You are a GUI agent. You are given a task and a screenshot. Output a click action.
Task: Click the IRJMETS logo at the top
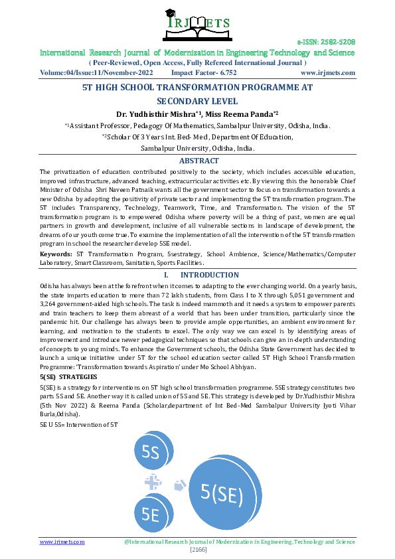click(x=197, y=23)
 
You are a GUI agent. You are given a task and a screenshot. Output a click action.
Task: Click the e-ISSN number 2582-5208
click(x=339, y=41)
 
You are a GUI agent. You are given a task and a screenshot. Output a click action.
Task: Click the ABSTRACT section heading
click(x=198, y=161)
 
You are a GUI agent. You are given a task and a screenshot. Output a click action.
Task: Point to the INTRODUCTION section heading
click(x=210, y=275)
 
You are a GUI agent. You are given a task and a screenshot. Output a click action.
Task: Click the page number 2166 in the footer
click(x=197, y=550)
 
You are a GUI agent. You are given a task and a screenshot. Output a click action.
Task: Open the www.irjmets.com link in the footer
click(x=62, y=542)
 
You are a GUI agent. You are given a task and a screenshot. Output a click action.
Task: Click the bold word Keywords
click(x=56, y=254)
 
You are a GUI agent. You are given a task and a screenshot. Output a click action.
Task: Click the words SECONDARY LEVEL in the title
click(x=197, y=102)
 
